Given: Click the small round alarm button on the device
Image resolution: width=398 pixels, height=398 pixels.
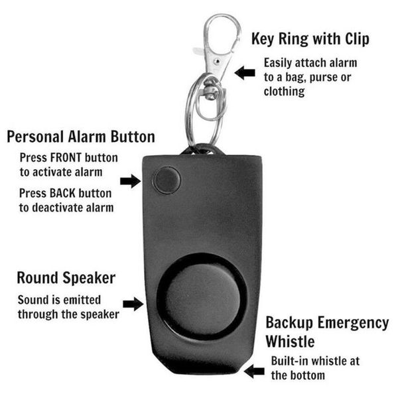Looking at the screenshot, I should tap(166, 180).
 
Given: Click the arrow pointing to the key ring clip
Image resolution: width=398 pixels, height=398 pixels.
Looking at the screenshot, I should tap(245, 72).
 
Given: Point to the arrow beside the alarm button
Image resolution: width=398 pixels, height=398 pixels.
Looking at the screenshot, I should tap(130, 180).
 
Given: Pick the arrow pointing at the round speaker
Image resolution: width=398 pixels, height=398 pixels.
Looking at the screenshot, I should tap(133, 304).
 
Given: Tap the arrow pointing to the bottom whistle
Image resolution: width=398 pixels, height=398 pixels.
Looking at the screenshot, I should tap(253, 371).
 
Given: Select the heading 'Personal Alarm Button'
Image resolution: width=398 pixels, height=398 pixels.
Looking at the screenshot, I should tap(81, 137).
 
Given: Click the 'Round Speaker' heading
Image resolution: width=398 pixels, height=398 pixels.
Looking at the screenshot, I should tap(66, 277).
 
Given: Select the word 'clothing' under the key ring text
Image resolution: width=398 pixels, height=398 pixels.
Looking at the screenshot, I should tap(284, 92).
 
